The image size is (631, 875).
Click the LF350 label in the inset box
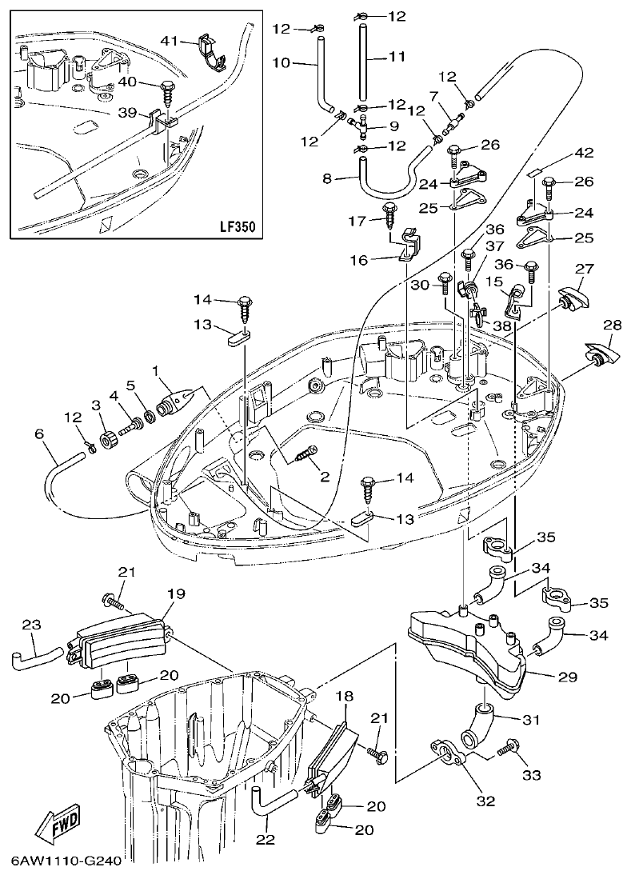click(236, 226)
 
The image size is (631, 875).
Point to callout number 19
click(175, 593)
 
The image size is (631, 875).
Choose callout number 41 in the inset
click(168, 40)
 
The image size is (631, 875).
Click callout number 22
click(265, 839)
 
